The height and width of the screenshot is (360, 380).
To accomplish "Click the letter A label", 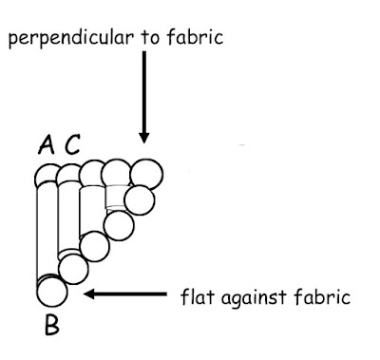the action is tap(47, 144).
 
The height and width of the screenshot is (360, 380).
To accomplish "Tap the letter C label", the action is tap(72, 144).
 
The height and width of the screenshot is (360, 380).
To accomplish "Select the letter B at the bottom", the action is tap(52, 325).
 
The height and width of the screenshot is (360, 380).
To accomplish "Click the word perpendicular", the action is tap(70, 38).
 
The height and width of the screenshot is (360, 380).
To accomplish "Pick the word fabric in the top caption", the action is tap(195, 37).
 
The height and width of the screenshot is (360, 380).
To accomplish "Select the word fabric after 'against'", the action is tap(322, 296).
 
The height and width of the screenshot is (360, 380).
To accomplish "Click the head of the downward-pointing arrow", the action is tap(144, 138).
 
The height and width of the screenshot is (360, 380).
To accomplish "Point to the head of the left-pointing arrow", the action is tap(89, 294).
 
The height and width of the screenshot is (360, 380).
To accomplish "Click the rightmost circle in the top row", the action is tap(146, 174).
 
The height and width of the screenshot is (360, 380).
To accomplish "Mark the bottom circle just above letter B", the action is tap(52, 292).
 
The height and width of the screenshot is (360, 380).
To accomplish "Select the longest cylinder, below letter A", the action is tap(47, 231).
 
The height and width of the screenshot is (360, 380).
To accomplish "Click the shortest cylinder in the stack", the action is tap(116, 197).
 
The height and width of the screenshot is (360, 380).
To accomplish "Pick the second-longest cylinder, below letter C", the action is tap(68, 218).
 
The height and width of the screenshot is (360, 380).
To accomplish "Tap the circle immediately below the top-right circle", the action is tap(140, 200).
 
